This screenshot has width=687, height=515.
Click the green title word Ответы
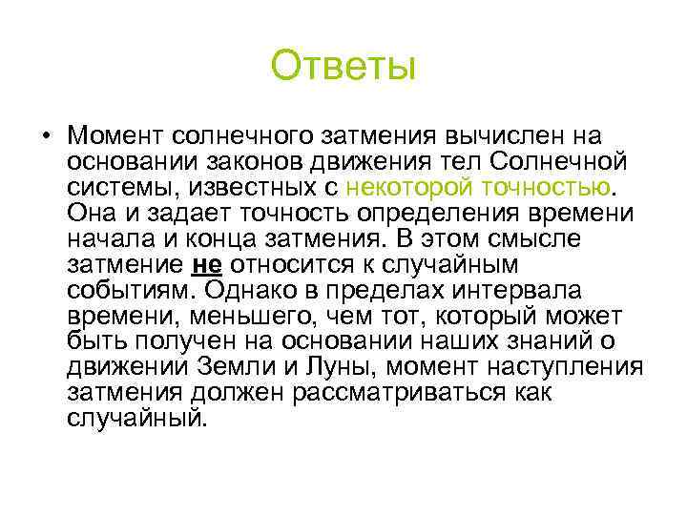coord(343,67)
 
